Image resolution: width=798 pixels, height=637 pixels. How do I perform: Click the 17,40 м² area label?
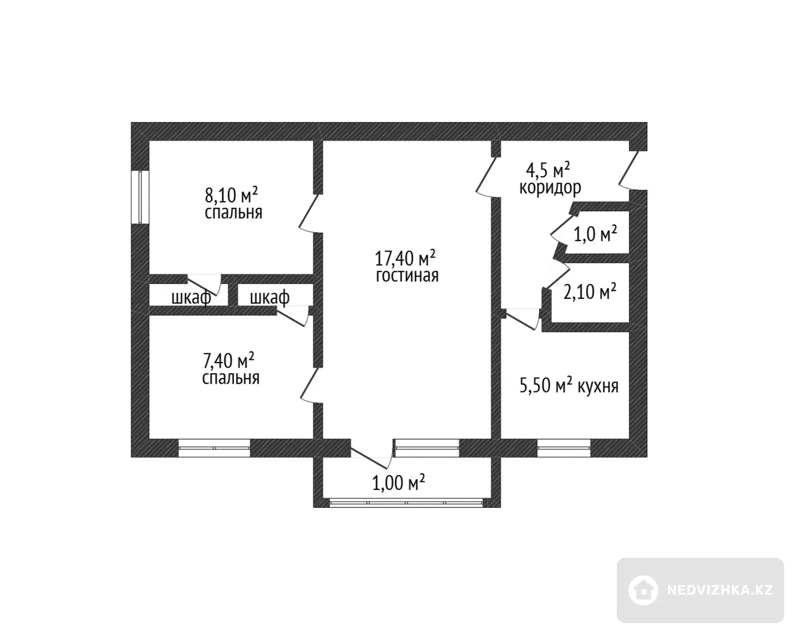[405, 258]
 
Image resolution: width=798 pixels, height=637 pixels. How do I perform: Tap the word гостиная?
[407, 276]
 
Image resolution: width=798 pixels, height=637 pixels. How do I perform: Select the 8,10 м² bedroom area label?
[231, 195]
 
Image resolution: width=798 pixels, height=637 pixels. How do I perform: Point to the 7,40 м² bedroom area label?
[228, 360]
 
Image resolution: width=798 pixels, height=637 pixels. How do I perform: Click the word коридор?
[550, 188]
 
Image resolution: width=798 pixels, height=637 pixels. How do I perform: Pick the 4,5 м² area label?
[548, 170]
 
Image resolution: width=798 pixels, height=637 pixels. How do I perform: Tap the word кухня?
[598, 386]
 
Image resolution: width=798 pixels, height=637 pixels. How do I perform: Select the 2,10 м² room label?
[590, 291]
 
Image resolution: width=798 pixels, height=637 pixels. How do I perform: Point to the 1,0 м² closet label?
[595, 234]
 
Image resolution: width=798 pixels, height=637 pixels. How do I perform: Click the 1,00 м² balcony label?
[398, 483]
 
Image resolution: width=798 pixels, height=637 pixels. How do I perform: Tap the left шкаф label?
[191, 298]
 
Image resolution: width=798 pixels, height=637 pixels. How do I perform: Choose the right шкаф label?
[269, 298]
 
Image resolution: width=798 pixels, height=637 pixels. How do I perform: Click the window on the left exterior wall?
[140, 197]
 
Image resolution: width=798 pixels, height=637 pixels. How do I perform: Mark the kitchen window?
[564, 448]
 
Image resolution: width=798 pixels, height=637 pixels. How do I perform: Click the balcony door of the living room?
[371, 453]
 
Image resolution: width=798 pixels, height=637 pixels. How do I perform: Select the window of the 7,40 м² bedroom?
[214, 448]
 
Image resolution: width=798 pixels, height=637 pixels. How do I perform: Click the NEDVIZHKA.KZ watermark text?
[720, 590]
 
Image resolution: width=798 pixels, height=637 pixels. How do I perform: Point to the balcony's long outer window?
[406, 503]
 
